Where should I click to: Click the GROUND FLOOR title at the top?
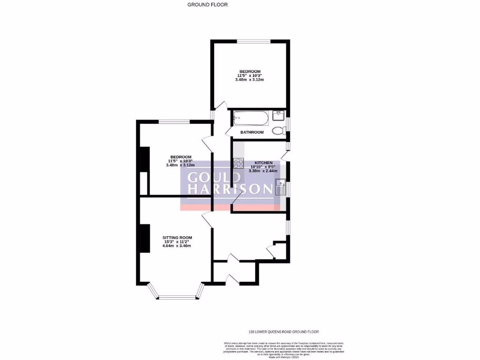[x=207, y=5]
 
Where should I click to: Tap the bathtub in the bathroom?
[x=251, y=117]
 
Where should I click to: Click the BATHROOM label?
[x=252, y=133]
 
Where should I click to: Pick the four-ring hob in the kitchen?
[x=238, y=164]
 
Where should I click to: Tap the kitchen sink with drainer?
[x=281, y=187]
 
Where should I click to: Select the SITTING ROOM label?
[x=176, y=238]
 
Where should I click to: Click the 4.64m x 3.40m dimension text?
[x=176, y=246]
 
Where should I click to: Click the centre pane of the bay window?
[x=177, y=297]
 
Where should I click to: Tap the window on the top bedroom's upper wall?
[x=254, y=41]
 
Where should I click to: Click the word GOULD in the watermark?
[x=214, y=178]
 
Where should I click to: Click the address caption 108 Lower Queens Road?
[x=280, y=332]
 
